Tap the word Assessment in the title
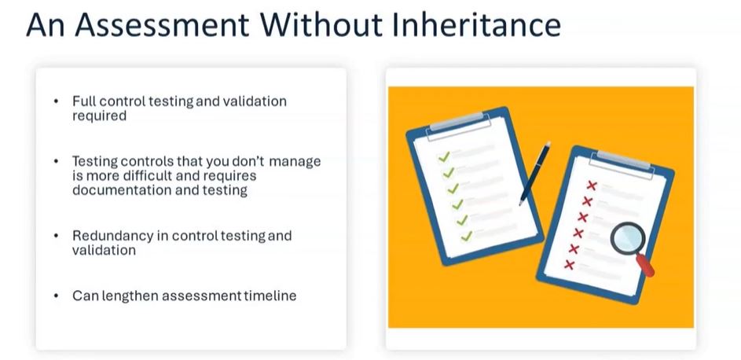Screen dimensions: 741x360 coord(162,25)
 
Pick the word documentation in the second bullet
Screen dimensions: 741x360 coord(115,190)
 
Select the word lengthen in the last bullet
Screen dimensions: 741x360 coord(127,296)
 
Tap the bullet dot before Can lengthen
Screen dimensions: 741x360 coord(57,296)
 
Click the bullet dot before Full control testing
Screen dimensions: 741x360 coord(57,101)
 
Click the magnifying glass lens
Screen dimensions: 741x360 coord(628,238)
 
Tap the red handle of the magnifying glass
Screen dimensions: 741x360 coord(646,265)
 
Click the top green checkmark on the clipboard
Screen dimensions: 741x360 coord(443,157)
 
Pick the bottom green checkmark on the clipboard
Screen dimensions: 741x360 coord(467,235)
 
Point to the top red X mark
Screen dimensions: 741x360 coord(591,186)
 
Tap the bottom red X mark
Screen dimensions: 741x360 coord(570,265)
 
